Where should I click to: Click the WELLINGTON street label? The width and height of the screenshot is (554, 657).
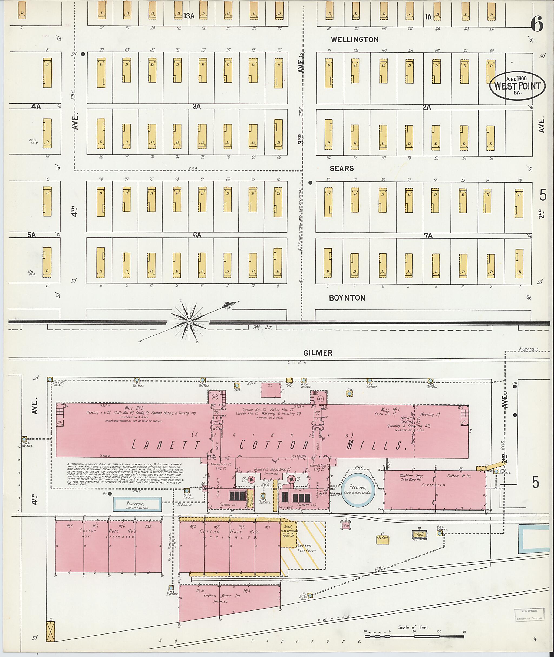(355, 39)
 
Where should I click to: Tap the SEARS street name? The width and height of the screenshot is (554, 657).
(342, 169)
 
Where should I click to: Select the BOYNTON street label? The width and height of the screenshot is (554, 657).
(347, 298)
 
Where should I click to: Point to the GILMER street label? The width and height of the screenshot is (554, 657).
(318, 353)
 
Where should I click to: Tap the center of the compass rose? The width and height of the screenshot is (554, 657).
(189, 321)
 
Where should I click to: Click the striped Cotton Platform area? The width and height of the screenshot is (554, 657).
(306, 548)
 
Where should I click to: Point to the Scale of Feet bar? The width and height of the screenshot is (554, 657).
(414, 636)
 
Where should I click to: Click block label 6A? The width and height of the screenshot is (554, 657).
(197, 235)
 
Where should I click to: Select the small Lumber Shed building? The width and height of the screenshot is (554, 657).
(420, 534)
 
